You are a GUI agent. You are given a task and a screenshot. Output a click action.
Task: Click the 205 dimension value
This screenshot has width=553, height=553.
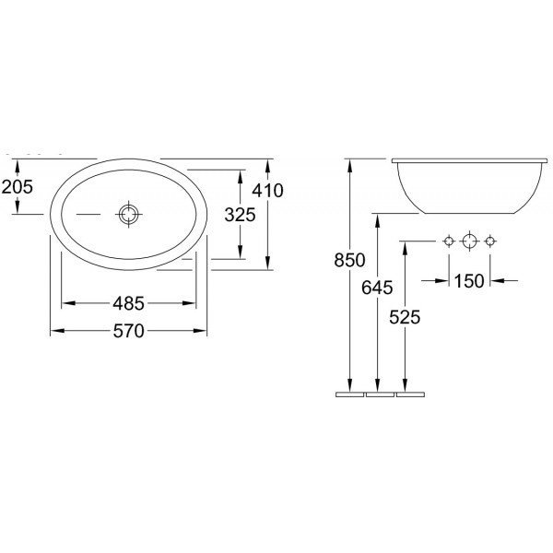coord(17,186)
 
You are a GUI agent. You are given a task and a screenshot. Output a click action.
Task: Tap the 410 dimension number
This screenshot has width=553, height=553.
coord(267,191)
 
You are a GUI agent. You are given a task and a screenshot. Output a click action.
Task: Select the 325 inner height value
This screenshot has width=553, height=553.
coord(240,215)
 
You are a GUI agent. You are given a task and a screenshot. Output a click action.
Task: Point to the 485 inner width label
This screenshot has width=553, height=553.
coord(129,303)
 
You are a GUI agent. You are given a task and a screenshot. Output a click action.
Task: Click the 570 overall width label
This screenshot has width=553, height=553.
coord(129,331)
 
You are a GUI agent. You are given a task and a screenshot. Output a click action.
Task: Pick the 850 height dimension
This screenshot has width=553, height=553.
coord(349,260)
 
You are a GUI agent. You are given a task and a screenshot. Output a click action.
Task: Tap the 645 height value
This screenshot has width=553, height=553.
coord(377,288)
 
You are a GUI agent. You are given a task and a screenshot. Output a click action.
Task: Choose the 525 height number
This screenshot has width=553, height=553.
coord(405,317)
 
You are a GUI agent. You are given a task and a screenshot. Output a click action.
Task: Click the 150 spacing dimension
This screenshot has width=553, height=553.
coord(469,281)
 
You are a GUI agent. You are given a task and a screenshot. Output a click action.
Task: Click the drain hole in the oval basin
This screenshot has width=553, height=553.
coord(128,214)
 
